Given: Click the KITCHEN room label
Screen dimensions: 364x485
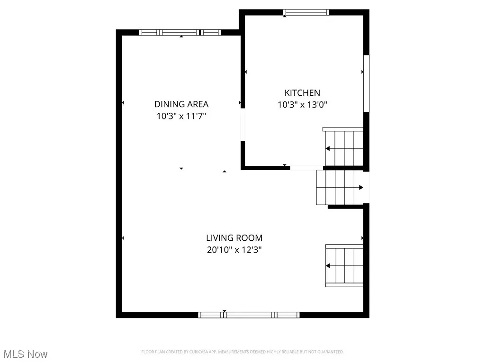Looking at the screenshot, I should [302, 93].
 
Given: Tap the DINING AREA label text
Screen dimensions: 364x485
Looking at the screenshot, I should [181, 104].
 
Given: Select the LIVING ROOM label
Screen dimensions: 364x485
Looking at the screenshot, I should [234, 238].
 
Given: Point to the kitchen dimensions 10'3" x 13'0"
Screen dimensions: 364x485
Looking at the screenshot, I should [302, 105].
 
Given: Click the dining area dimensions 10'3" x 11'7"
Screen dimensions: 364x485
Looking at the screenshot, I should [181, 116].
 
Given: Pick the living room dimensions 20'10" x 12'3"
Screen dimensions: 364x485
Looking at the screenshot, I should [234, 250].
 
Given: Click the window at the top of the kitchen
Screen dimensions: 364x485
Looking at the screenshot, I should [306, 12].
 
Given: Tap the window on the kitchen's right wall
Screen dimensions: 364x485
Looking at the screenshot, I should [366, 83].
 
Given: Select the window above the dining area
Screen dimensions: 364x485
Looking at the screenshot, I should [180, 32].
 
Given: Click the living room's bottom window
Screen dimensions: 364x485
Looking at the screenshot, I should [249, 315].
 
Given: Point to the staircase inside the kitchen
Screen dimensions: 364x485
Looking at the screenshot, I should [344, 147].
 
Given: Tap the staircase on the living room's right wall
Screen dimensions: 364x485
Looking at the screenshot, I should [345, 266].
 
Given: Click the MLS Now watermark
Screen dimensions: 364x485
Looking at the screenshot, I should [25, 354].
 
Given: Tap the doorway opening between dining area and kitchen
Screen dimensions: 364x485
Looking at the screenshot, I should [242, 126].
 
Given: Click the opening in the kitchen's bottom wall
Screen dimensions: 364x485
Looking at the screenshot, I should [306, 168].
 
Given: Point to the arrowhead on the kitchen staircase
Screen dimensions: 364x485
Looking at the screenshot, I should [327, 149].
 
